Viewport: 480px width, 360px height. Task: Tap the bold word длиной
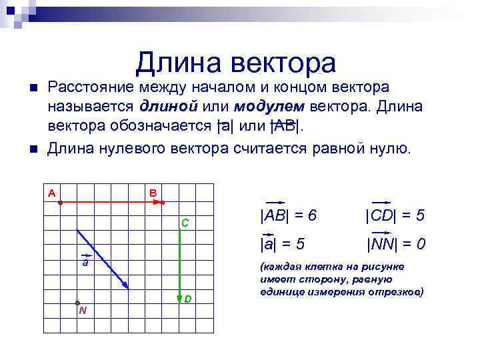tap(169, 107)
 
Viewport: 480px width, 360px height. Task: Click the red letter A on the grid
tap(51, 193)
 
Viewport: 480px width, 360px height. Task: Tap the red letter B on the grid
tap(153, 193)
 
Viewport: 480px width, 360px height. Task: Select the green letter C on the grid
tap(186, 222)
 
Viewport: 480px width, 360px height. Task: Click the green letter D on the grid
tap(189, 299)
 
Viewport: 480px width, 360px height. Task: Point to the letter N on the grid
tap(82, 311)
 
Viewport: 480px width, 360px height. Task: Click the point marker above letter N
tap(77, 303)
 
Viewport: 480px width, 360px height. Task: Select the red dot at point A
tap(60, 201)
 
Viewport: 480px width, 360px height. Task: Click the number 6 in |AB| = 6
tap(312, 216)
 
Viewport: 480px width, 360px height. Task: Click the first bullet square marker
tap(27, 88)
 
